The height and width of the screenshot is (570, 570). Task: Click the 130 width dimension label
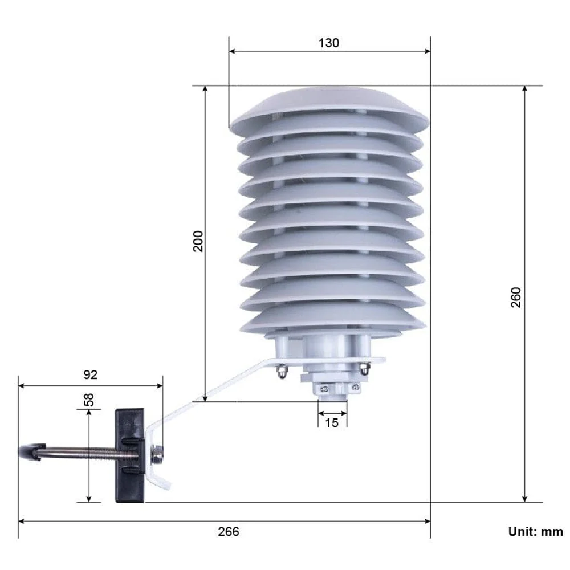[329, 43]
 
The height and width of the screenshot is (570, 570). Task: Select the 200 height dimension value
[198, 242]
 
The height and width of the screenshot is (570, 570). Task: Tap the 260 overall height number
[516, 297]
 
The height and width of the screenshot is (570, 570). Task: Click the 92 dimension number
[91, 374]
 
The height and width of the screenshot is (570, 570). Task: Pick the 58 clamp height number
[88, 399]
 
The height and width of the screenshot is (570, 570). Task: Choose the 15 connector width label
[332, 422]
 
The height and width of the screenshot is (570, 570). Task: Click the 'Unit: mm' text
[535, 531]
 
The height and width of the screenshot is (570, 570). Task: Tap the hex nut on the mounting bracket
[157, 454]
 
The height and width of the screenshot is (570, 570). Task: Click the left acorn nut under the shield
[280, 372]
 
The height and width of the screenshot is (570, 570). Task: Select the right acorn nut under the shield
[364, 370]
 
